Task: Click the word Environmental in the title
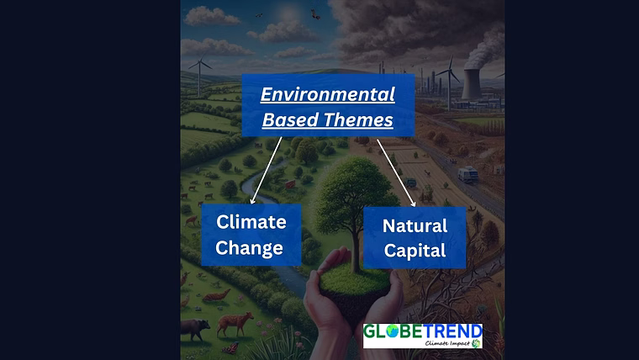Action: coord(328,94)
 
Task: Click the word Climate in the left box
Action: coord(251,222)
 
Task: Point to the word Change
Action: coord(249,248)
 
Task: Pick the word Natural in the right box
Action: coord(415,226)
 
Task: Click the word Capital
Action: coord(415,251)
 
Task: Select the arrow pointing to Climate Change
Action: coord(267,171)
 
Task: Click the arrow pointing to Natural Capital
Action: coord(396,173)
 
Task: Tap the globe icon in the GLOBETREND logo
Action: coord(393,331)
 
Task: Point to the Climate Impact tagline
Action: coord(447,343)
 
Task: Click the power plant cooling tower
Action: coord(472,84)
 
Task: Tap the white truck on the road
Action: coord(467,174)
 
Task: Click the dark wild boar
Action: coord(195,328)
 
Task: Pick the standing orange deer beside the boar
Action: coord(235,323)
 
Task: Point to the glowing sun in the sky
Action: coord(288,13)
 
